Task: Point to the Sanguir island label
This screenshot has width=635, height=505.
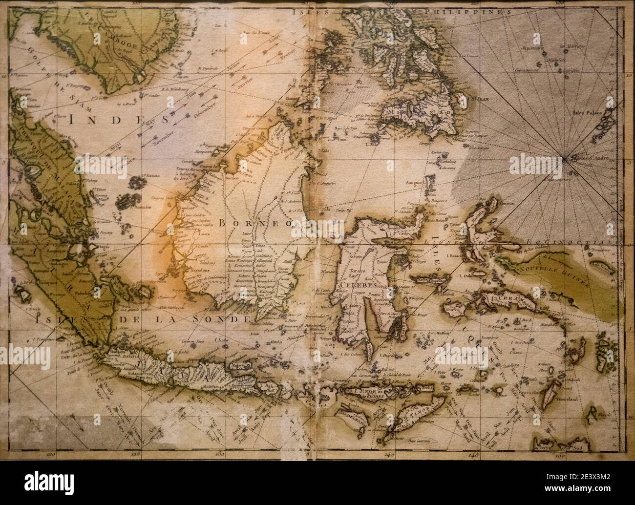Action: [413, 182]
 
